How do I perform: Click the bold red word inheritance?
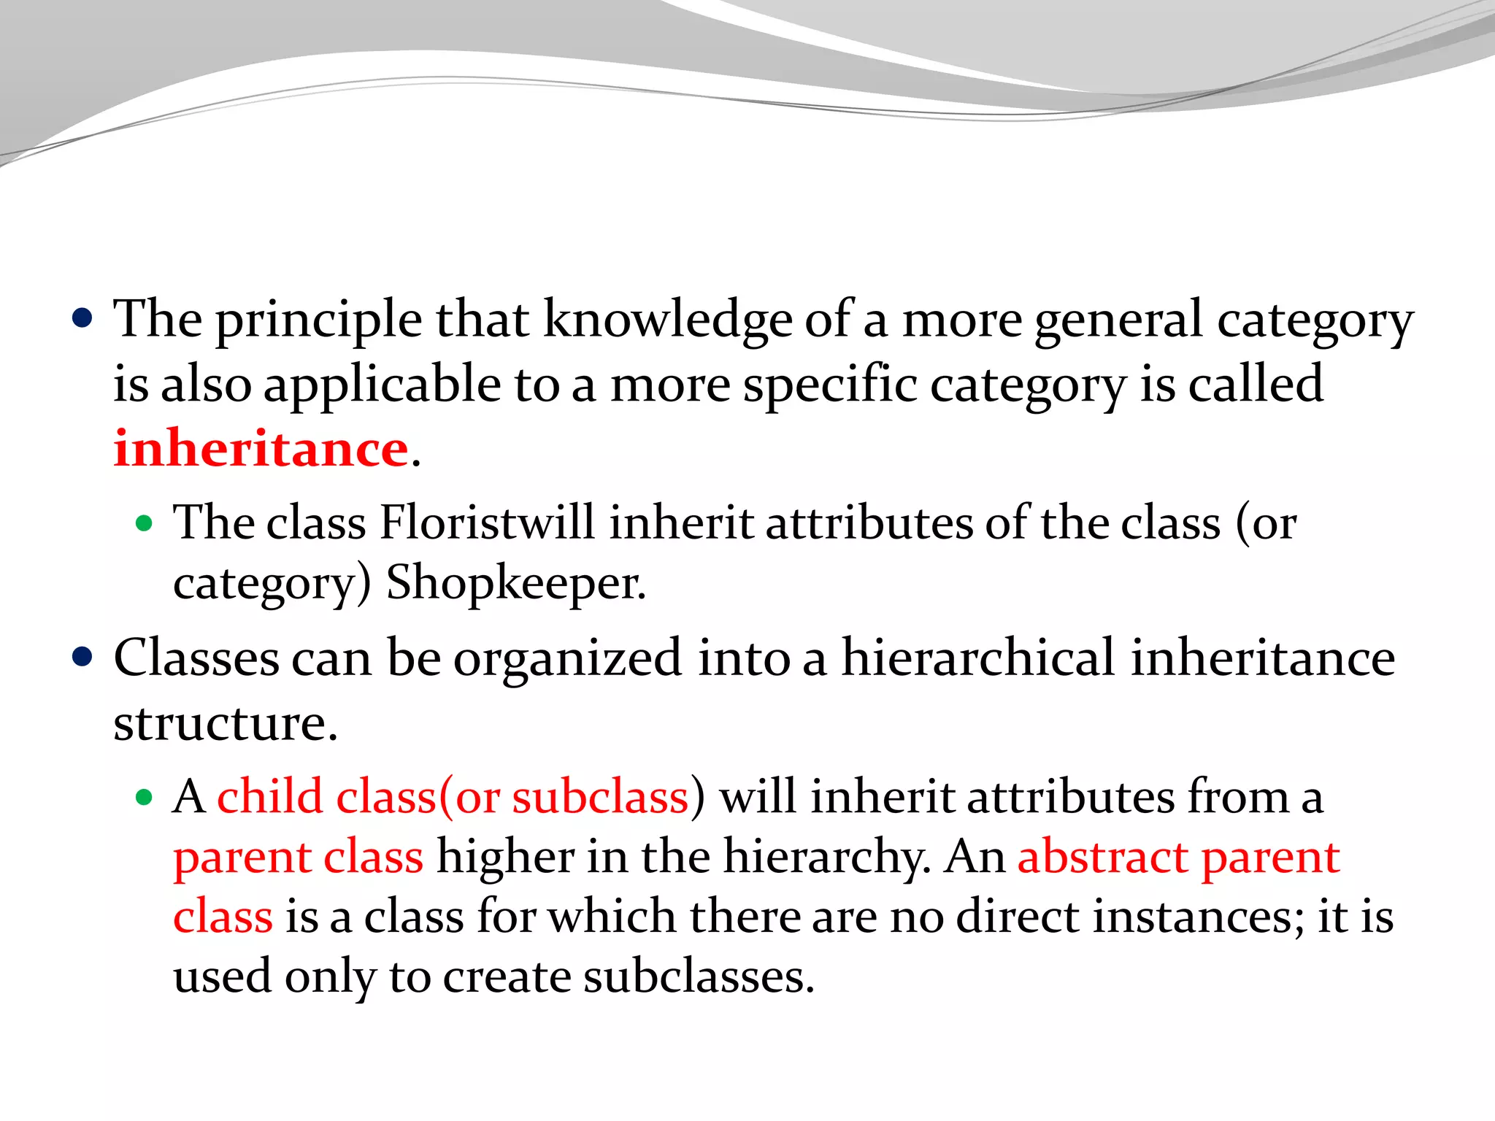pos(261,448)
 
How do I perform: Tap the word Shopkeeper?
pos(515,583)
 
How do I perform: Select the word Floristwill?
pos(488,523)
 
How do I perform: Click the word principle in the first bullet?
pos(318,320)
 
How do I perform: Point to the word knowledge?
pos(667,320)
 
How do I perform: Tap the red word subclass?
pos(600,796)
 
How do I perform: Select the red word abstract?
pos(1102,857)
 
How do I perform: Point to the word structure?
pos(226,723)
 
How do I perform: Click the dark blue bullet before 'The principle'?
pos(82,319)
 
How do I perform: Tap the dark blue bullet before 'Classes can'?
pos(82,657)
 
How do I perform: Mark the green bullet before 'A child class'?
pos(144,797)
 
